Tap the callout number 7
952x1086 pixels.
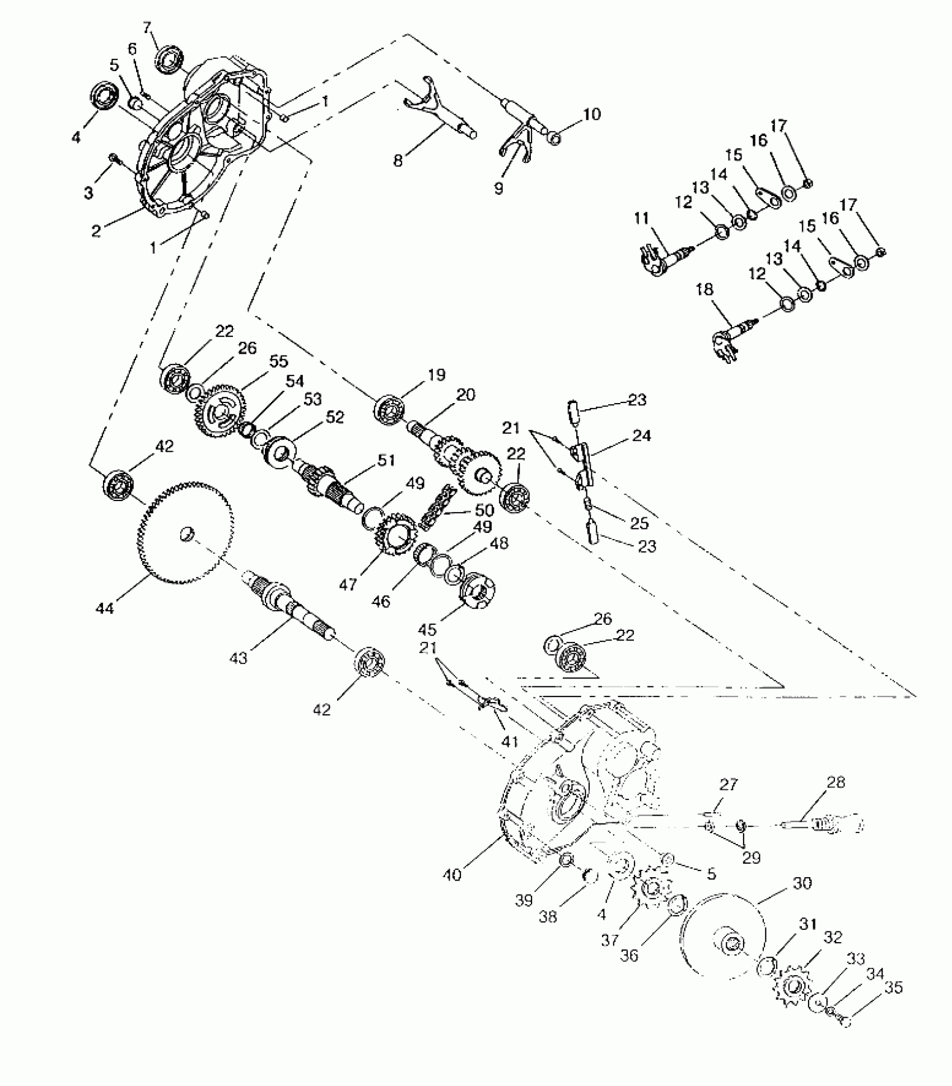pyautogui.click(x=148, y=27)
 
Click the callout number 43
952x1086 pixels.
pyautogui.click(x=239, y=658)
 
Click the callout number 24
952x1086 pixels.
pyautogui.click(x=641, y=436)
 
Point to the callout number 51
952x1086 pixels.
pyautogui.click(x=386, y=461)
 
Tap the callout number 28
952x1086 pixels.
pyautogui.click(x=836, y=782)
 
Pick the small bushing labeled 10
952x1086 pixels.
pyautogui.click(x=553, y=138)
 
